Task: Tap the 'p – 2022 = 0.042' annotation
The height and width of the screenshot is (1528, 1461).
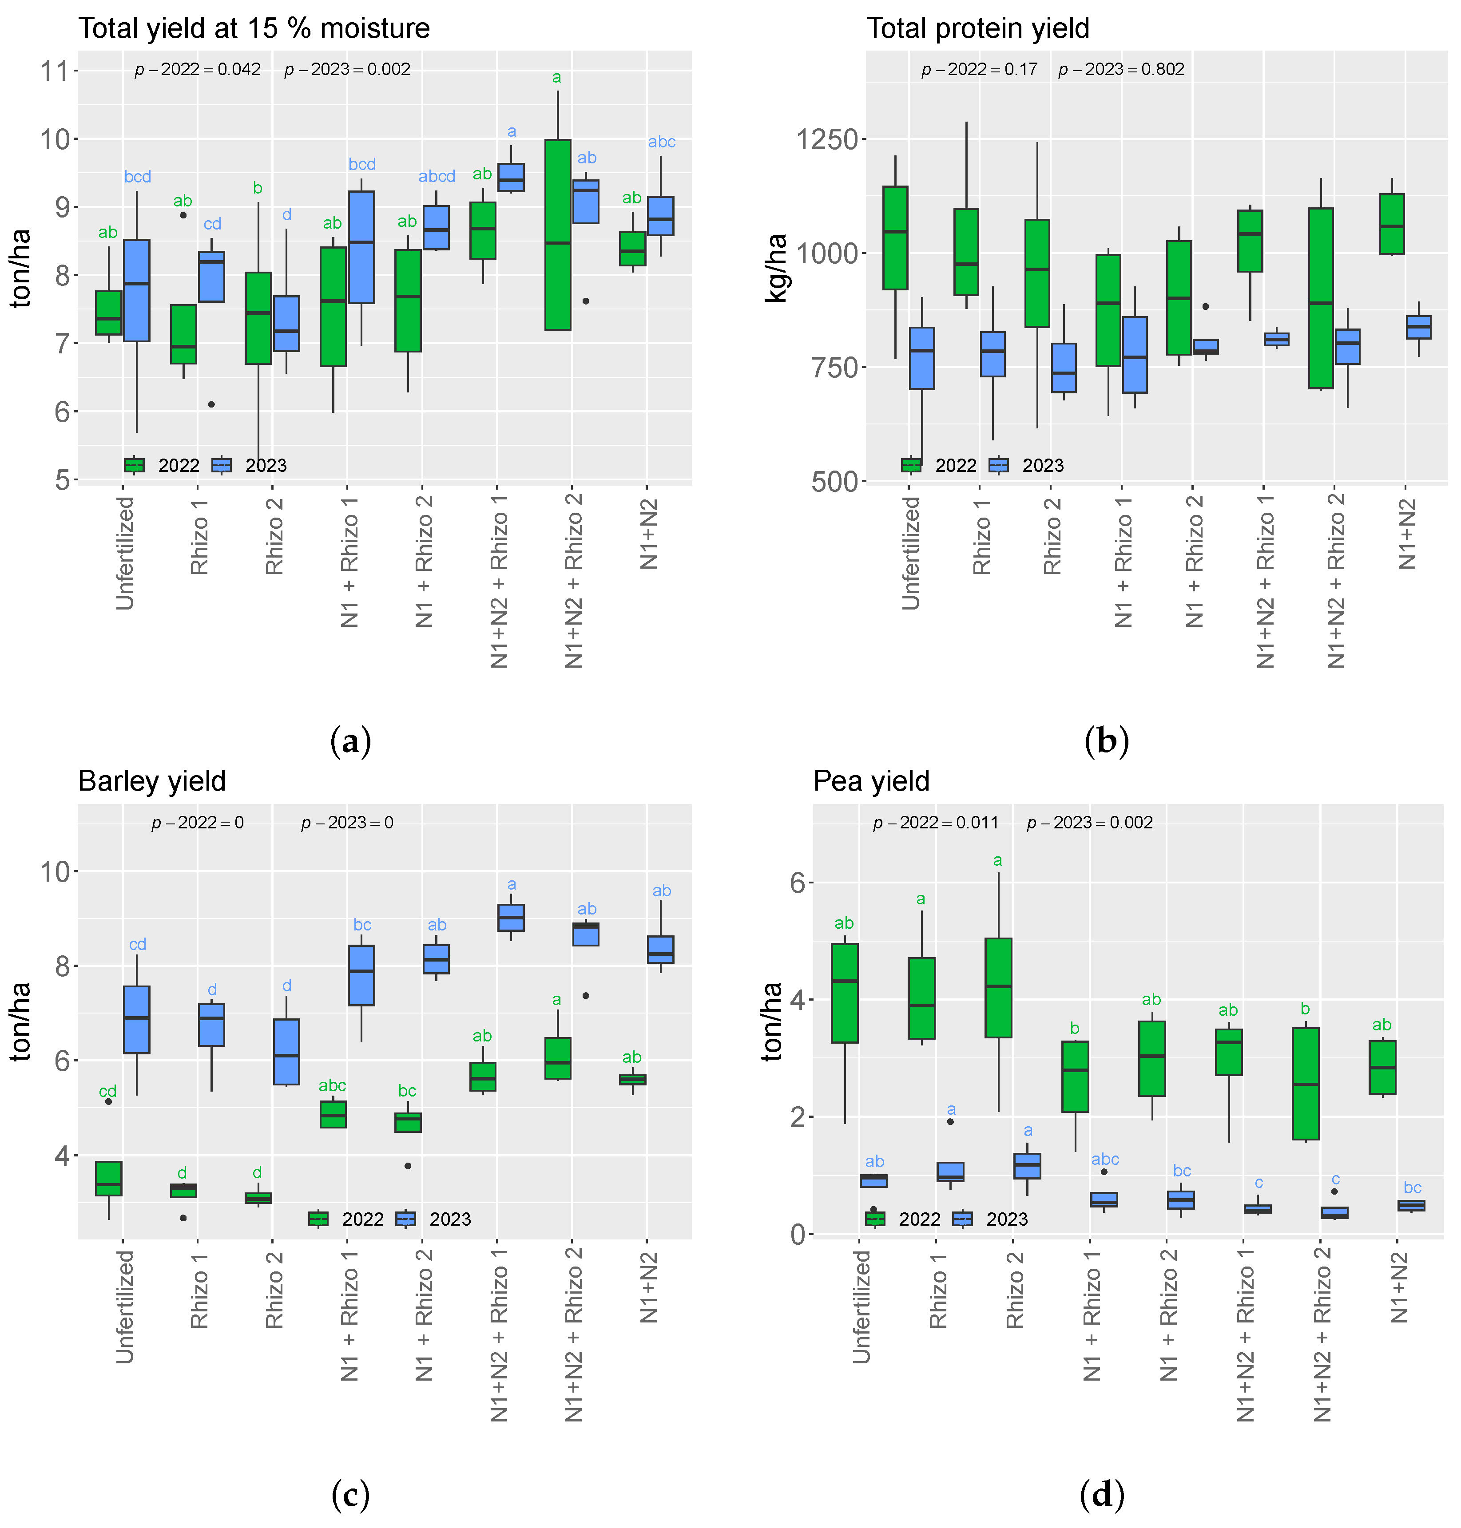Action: click(198, 69)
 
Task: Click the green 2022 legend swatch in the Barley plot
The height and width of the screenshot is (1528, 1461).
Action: click(318, 1219)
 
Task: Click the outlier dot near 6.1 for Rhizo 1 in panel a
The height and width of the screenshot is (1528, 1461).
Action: click(211, 404)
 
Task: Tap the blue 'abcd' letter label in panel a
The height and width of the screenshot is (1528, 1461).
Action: click(437, 177)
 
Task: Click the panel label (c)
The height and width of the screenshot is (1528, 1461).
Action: click(350, 1495)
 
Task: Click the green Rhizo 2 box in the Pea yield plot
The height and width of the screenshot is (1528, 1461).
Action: click(998, 988)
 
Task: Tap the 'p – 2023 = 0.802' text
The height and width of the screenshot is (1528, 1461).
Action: click(1121, 69)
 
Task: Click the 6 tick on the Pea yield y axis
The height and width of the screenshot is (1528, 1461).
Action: click(798, 883)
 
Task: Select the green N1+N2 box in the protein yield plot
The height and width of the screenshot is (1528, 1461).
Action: click(1392, 224)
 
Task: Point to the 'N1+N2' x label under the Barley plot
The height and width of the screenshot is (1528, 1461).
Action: click(649, 1287)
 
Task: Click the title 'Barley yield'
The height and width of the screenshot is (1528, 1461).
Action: click(152, 781)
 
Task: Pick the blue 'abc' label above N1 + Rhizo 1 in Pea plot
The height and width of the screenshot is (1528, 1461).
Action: click(1104, 1159)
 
